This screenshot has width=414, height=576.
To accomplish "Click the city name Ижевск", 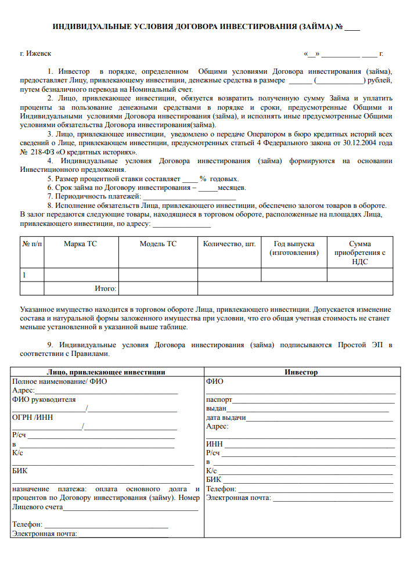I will coord(39,53).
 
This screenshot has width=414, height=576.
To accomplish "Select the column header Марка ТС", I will coord(81,244).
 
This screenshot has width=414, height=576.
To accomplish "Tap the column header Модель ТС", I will coord(158,244).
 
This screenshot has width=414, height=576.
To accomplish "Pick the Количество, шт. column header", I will coord(229,244).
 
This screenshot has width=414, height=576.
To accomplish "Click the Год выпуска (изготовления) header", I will coord(294,248).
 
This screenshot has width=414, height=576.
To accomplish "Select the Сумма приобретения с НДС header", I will coord(360,253).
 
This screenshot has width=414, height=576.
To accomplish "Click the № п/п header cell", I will coord(32,244).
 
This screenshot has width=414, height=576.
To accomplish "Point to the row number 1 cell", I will coord(24,274).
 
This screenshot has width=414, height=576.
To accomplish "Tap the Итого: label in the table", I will coord(106,288).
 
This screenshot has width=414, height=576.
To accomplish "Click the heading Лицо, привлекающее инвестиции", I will coord(106,372).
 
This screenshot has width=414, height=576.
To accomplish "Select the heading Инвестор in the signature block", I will coord(301,372).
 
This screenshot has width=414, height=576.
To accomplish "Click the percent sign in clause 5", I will coord(203,179).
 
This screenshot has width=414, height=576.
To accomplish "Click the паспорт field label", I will coord(219,399).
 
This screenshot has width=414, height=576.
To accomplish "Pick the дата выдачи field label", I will coord(226,417).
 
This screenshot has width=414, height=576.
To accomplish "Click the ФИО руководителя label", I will coord(44,399).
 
